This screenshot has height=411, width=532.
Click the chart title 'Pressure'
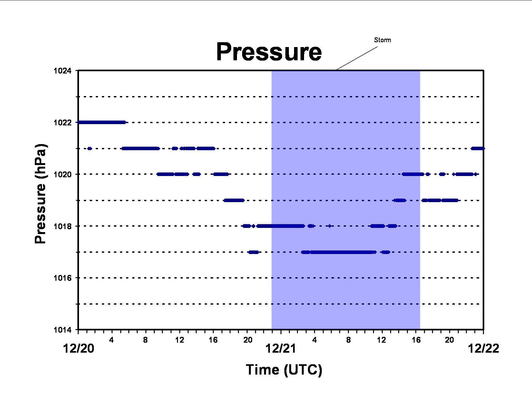point(269,52)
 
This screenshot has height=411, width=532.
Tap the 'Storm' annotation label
point(382,40)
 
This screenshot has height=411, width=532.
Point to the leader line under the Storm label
point(357,58)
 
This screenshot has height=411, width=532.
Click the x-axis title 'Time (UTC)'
point(284,370)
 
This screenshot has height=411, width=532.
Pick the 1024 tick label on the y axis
point(63,71)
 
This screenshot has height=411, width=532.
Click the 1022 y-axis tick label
point(63,122)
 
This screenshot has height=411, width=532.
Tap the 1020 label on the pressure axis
point(63,174)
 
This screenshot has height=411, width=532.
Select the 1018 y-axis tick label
point(63,226)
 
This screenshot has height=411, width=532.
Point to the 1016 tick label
point(63,278)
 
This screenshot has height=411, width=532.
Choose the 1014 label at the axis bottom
point(63,330)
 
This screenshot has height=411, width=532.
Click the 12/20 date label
point(79,348)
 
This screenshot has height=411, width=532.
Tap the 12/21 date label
point(281,348)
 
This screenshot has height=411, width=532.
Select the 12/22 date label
point(484,348)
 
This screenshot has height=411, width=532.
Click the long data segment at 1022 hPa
point(102,122)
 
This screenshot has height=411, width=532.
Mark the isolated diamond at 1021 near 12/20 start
point(90,148)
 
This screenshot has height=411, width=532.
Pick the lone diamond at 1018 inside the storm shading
point(330,226)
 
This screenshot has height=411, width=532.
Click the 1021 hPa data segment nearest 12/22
point(478,148)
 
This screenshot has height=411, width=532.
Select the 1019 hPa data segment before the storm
point(234,201)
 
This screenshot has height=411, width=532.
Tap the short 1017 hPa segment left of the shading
point(253,252)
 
